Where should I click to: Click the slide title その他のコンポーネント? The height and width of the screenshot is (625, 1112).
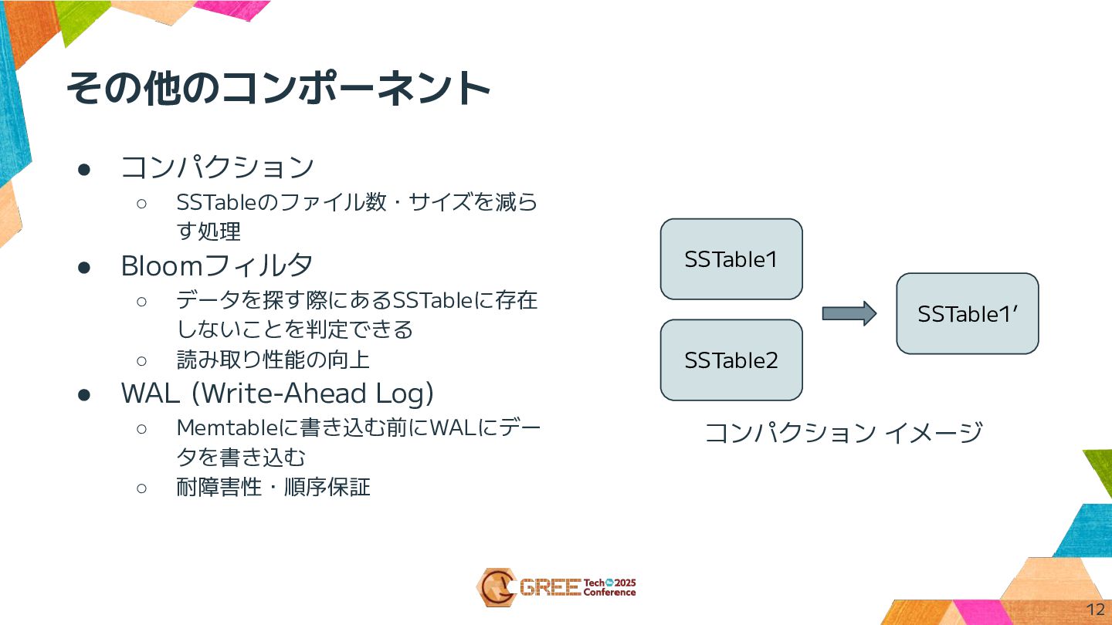[278, 89]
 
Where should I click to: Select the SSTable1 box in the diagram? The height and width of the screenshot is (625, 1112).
[731, 259]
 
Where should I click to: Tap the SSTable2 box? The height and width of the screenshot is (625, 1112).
[731, 360]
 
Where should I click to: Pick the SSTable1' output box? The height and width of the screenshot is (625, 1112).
[967, 314]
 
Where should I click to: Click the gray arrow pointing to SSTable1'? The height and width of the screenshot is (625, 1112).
[849, 313]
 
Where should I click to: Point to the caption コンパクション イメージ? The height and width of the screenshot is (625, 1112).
[843, 432]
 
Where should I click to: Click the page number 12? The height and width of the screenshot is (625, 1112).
[1095, 609]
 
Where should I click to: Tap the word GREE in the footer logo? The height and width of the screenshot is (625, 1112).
[550, 588]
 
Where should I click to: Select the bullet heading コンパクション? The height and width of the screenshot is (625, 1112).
[217, 167]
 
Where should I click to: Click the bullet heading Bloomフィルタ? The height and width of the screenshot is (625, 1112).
[217, 265]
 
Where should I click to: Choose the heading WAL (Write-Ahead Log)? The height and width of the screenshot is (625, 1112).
[277, 394]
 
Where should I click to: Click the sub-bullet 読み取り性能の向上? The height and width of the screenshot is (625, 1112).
[273, 360]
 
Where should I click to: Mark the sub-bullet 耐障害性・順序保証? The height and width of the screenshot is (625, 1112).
[273, 487]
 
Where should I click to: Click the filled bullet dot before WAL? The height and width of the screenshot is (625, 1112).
[84, 394]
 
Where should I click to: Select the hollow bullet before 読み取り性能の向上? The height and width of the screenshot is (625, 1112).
[141, 360]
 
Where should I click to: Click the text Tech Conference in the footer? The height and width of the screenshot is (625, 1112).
[609, 588]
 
